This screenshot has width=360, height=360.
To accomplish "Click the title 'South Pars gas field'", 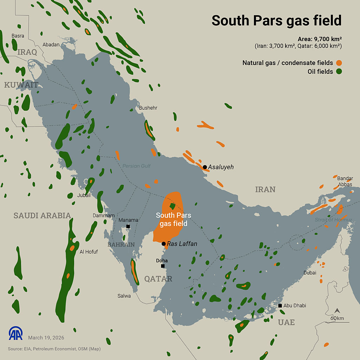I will pos(276,20).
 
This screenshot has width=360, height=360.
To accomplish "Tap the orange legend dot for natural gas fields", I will pos(339,63).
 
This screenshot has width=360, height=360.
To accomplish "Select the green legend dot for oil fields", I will pos(339,72).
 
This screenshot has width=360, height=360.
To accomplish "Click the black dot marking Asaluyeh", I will pos(205,167).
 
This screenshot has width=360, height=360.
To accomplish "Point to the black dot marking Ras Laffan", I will pos(163,244).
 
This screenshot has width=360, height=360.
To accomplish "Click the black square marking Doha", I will pos(163,266).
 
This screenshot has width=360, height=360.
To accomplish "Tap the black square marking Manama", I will pos(128,226).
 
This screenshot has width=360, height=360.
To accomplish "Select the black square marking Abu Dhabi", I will pos(280,306).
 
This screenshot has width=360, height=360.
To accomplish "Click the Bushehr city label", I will pos(148,108).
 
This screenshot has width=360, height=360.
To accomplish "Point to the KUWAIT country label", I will pos(21,85).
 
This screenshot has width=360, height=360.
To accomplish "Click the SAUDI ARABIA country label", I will pos(42,216).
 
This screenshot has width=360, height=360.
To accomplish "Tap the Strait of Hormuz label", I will pos(333,220).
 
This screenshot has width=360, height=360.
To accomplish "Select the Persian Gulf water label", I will pos(136,166).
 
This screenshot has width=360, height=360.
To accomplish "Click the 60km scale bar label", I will pos(337,319).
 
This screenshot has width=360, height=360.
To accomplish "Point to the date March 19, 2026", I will pos(46,337).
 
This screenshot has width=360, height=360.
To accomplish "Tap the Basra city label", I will pos(18,36).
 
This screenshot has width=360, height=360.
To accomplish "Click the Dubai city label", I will pos(310,272).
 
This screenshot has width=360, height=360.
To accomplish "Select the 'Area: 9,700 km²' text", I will pos(320,39).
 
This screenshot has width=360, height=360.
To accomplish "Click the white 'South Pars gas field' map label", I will pos(172,219).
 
